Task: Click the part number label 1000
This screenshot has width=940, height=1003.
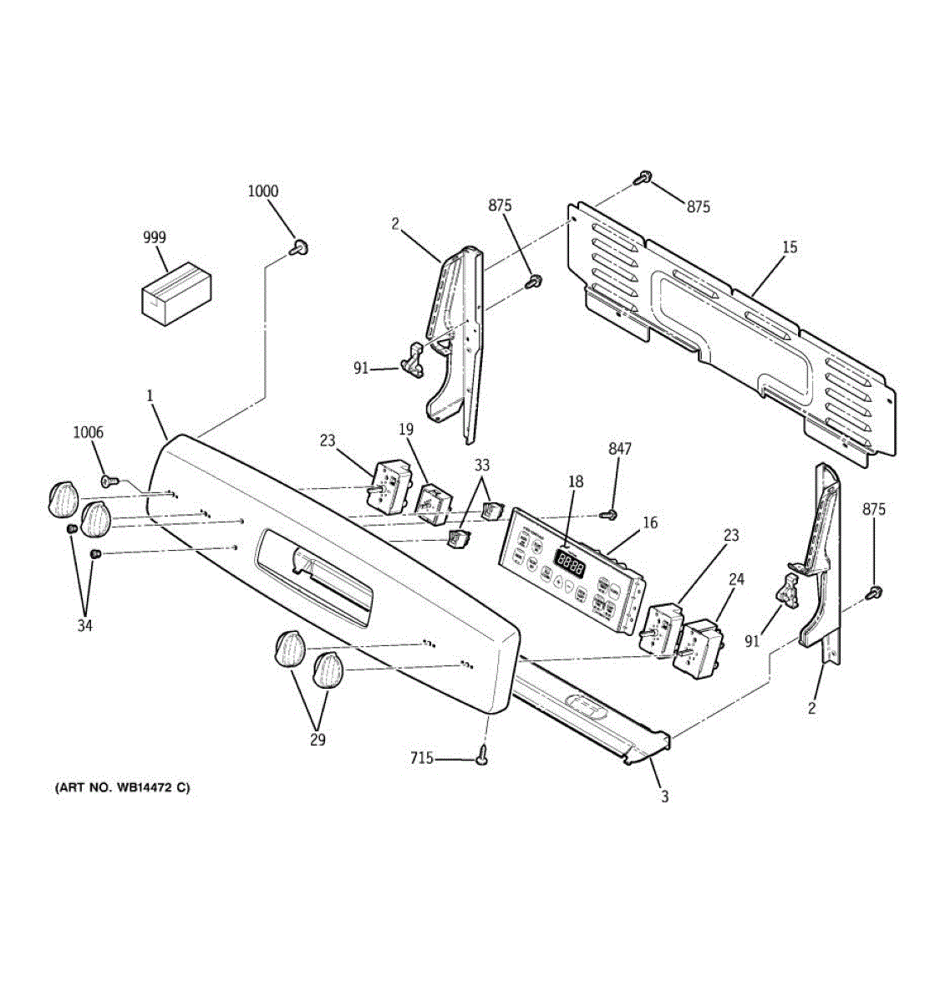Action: point(262,191)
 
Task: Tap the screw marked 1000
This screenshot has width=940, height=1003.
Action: point(300,247)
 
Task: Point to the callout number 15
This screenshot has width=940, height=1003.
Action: point(790,247)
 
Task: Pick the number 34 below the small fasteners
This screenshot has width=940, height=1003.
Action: point(85,625)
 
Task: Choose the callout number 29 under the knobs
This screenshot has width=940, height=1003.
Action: point(318,740)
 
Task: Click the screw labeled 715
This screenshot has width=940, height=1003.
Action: point(483,757)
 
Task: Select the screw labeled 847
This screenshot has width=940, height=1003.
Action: point(612,514)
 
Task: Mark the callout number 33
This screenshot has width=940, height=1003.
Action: point(482,466)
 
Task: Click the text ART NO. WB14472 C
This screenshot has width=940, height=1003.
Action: point(122,787)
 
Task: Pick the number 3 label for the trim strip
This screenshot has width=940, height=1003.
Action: point(665,797)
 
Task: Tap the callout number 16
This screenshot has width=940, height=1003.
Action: point(650,523)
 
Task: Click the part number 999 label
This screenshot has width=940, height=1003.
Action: point(154,237)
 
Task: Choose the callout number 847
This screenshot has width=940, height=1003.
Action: point(620,449)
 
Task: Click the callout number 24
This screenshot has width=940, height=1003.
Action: point(737,578)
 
